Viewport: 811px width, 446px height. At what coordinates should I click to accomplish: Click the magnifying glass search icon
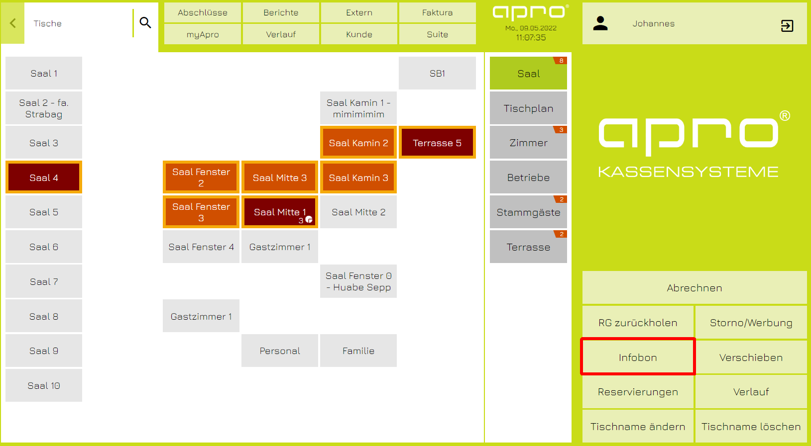coord(145,23)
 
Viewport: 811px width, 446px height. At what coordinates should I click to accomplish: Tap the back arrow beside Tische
coord(13,23)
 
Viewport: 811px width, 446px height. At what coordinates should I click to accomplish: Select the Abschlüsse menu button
coord(203,13)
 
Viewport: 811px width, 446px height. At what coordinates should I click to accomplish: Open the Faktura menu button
coord(437,13)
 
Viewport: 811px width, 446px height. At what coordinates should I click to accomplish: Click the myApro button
coord(203,34)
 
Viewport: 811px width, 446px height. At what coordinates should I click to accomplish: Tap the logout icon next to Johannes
coord(787,26)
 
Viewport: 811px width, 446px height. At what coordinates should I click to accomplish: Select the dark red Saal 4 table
coord(44,178)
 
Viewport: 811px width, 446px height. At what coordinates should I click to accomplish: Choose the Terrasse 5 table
coord(437,143)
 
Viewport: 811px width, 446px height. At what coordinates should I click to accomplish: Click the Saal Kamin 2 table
coord(358,143)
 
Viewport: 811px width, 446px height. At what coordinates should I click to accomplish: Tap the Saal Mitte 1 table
coord(280,212)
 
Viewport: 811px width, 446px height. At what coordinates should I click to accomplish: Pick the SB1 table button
coord(437,74)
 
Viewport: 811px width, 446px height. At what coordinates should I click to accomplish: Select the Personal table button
coord(280,351)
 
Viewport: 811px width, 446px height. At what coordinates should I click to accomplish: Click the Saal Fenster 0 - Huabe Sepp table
coord(358,281)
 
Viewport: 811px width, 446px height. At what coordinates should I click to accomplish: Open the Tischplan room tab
coord(528,108)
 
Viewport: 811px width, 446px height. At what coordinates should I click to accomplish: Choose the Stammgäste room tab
coord(528,212)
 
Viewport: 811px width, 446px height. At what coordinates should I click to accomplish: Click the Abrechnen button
coord(695,288)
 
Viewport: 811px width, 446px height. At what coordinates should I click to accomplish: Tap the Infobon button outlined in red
coord(638,357)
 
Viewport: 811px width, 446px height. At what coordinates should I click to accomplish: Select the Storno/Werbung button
coord(751,323)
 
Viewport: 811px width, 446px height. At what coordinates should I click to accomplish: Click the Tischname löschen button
coord(751,427)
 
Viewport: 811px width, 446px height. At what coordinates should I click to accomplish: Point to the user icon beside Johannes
coord(600,23)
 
